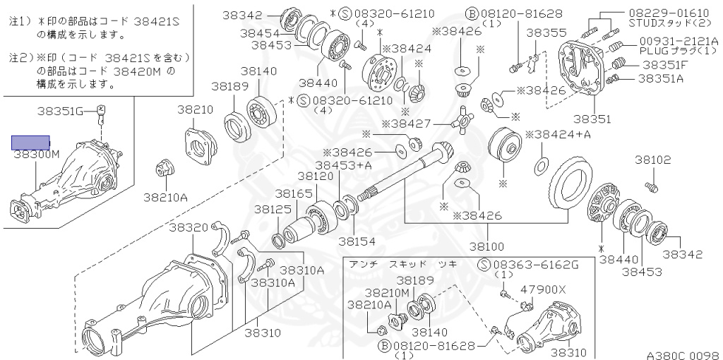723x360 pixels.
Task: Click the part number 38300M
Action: pos(37,154)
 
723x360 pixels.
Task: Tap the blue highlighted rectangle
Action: pos(30,143)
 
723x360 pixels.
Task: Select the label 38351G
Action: pos(61,111)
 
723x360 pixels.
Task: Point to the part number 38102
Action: pos(653,160)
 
